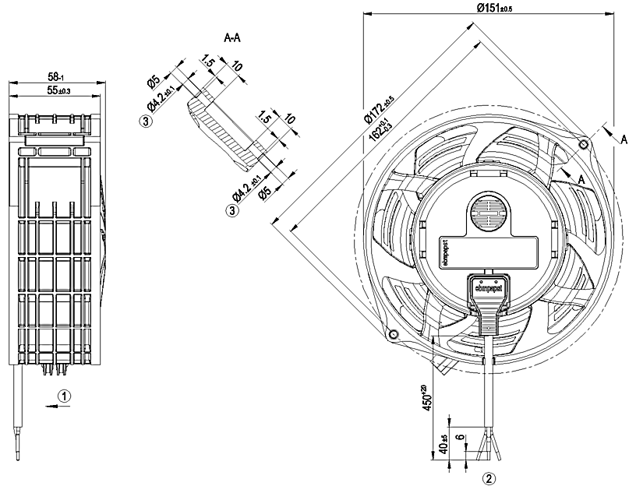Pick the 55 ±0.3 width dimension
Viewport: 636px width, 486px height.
(55, 91)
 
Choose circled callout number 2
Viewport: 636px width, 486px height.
(489, 477)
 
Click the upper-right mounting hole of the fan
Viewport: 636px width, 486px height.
(585, 144)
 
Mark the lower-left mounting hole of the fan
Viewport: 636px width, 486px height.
(394, 335)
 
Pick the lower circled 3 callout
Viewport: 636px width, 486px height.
(232, 210)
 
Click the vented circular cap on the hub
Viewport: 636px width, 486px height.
(487, 213)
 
